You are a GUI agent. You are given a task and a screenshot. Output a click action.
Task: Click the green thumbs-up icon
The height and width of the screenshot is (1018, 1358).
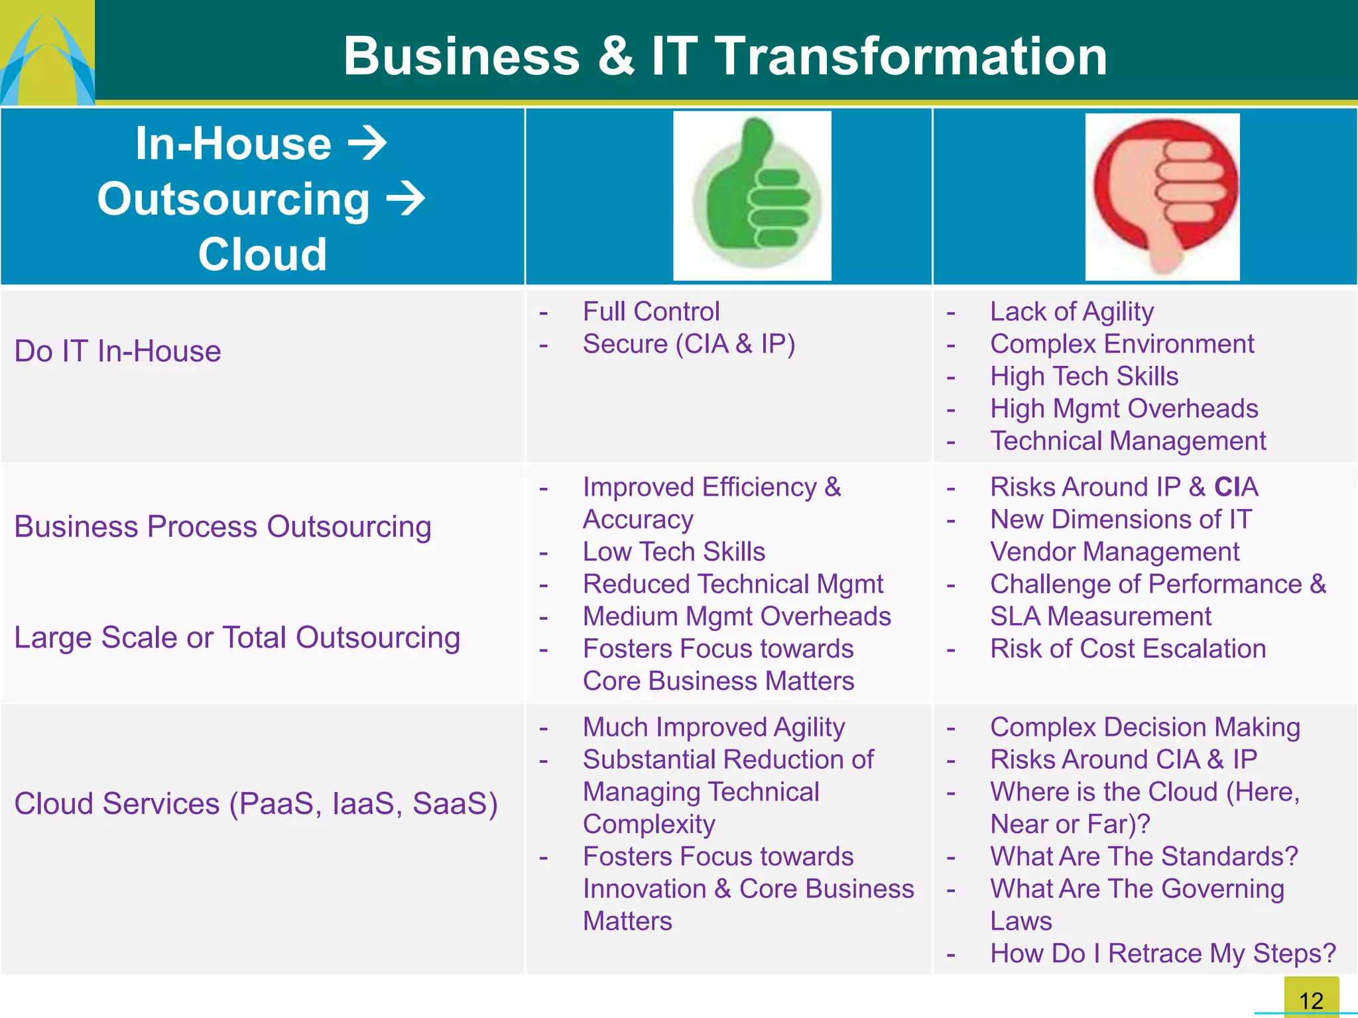tap(753, 196)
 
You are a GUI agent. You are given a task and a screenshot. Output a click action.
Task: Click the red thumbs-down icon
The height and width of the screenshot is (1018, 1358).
tap(1163, 196)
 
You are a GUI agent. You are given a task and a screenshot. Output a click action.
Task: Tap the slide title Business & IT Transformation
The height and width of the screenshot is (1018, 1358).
tap(725, 56)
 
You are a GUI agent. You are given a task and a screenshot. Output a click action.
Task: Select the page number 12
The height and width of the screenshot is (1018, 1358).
tap(1311, 999)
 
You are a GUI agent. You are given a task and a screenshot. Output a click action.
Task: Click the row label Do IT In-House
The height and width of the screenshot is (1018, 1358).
tap(117, 351)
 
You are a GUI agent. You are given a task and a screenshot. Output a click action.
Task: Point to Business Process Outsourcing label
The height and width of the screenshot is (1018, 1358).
tap(223, 527)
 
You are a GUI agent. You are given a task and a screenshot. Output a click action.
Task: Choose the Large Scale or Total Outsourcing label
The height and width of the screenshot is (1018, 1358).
tap(237, 638)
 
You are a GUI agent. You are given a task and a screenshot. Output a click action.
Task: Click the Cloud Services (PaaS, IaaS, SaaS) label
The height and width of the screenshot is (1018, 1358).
tap(256, 804)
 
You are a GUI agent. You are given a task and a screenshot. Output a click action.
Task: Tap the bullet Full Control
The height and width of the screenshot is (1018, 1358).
tap(650, 311)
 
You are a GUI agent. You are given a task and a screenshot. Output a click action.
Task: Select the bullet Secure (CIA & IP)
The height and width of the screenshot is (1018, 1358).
tap(688, 344)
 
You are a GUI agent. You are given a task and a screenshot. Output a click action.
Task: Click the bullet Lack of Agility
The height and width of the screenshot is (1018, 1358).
tap(1072, 311)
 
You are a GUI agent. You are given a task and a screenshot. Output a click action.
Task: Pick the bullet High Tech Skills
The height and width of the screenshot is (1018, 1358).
tap(1083, 376)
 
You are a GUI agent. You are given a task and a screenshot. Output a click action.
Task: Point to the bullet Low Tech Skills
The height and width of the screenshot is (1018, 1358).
tap(674, 551)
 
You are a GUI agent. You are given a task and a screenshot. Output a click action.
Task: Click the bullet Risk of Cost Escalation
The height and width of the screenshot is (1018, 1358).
tap(1127, 649)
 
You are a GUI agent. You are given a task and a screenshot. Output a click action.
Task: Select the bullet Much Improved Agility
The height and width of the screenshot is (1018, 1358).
tap(713, 727)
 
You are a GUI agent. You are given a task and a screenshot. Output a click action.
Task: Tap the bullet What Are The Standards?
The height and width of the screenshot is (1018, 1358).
tap(1143, 856)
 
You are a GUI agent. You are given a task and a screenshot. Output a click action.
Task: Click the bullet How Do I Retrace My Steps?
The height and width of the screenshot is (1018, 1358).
tap(1162, 954)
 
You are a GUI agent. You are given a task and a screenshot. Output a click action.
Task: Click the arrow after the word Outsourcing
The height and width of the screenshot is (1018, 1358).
tap(405, 198)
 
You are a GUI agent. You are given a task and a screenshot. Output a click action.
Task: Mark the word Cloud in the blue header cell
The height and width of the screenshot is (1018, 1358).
tap(262, 254)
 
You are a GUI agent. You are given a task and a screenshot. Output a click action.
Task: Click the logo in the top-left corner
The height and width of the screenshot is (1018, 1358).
tap(46, 53)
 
